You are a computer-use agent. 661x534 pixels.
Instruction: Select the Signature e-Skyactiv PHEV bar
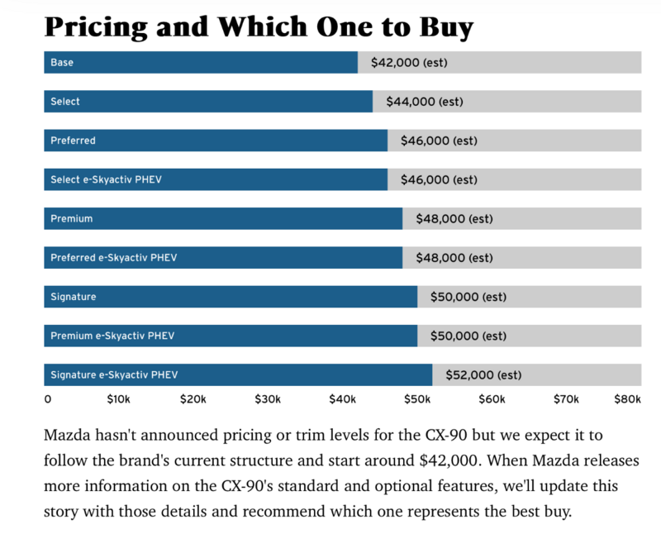pos(238,375)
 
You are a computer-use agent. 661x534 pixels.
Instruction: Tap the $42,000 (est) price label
pos(409,62)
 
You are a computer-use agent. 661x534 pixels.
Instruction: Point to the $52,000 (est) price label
pos(483,375)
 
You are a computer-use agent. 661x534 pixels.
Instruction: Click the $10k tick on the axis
pos(118,399)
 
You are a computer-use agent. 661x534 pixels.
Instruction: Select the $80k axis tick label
pos(627,399)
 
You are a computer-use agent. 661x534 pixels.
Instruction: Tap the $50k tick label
pos(417,399)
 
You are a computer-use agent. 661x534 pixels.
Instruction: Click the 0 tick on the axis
pos(48,399)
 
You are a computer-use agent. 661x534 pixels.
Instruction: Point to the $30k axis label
pos(268,399)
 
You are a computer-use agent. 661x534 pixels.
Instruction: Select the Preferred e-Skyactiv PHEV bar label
pos(114,258)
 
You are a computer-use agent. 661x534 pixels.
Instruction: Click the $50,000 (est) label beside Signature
pos(468,297)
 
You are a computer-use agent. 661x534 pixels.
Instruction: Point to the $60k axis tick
pos(492,399)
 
